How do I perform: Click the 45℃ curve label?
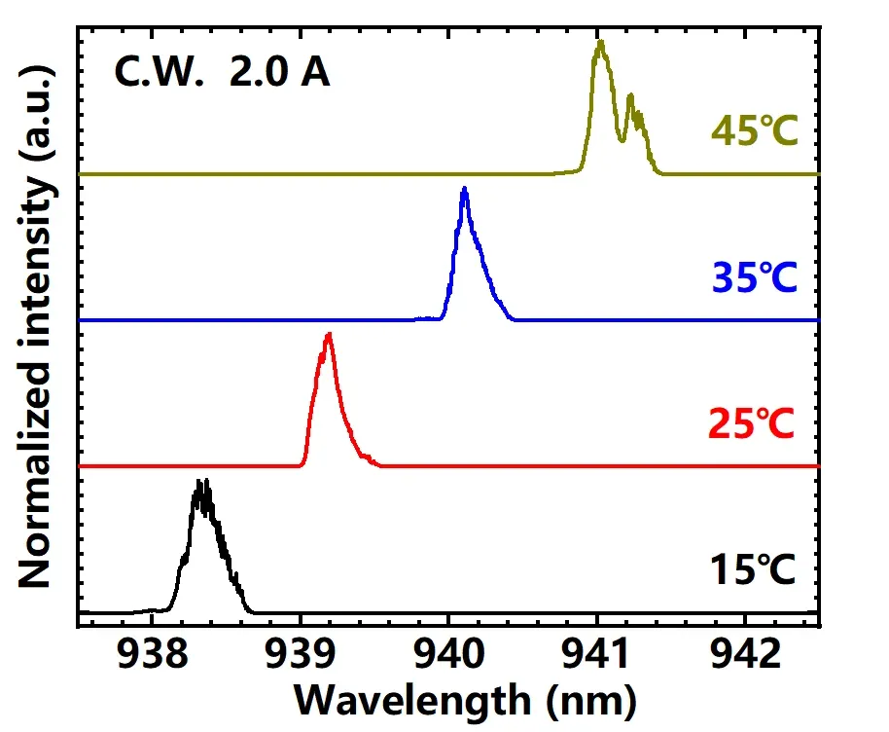point(754,130)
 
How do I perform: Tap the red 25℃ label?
point(754,423)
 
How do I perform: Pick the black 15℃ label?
point(754,569)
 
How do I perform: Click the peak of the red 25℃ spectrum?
point(329,335)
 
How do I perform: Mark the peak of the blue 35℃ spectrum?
point(465,189)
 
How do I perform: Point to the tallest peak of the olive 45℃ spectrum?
point(600,42)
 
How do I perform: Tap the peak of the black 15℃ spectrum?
point(201,482)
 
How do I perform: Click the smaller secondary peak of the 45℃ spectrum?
point(631,95)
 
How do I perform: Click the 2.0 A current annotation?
point(279,73)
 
